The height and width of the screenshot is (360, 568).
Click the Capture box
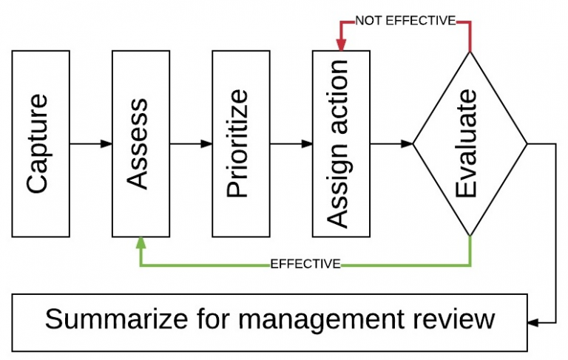point(41,143)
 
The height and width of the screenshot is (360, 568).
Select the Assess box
point(141,143)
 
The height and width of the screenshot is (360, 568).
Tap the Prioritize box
point(241,143)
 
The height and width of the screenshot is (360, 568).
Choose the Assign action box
point(341,143)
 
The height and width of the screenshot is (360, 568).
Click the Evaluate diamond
point(470,143)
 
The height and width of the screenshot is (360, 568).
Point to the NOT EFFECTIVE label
point(405,21)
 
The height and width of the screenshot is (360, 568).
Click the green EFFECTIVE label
point(305,264)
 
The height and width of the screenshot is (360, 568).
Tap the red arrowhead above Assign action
point(341,46)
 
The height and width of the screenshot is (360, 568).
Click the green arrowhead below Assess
point(141,242)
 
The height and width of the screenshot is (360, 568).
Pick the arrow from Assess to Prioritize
point(191,143)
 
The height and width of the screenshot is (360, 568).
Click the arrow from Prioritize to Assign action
point(291,143)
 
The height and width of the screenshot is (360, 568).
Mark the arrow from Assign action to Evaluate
point(390,143)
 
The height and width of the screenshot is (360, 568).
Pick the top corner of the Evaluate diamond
point(470,52)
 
